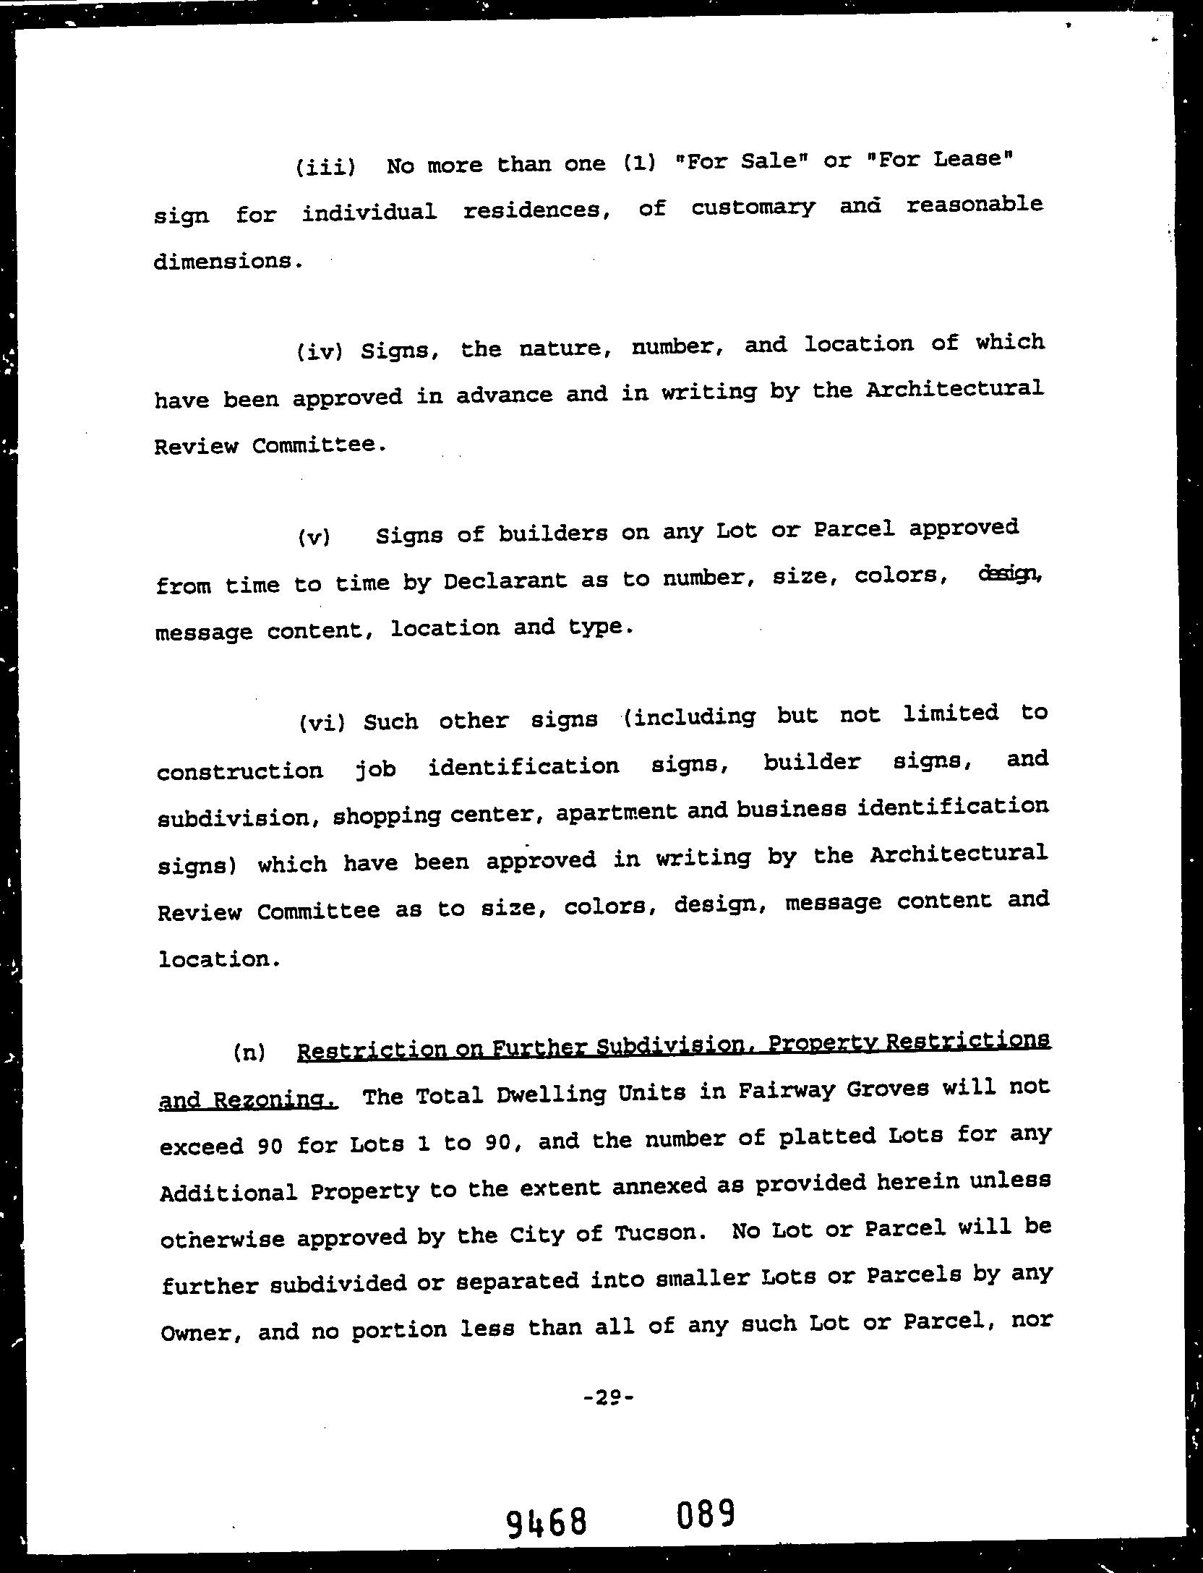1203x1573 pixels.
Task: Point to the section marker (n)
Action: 249,1052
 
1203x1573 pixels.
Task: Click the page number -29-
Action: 608,1397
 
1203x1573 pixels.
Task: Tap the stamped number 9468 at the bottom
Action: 546,1522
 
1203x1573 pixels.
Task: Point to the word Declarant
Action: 505,581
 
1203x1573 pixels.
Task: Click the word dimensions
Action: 227,261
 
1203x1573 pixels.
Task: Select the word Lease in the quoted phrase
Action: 969,158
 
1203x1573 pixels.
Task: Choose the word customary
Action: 753,208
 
